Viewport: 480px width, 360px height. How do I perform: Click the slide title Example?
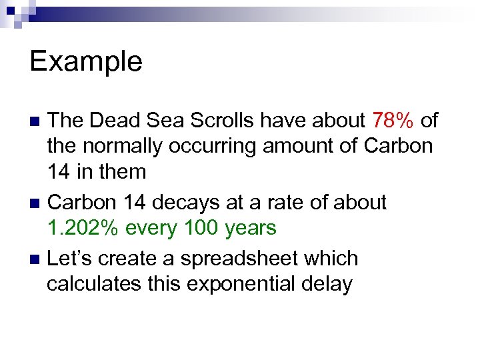pyautogui.click(x=86, y=61)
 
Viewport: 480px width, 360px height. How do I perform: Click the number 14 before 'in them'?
pyautogui.click(x=60, y=171)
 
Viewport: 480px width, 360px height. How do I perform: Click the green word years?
pyautogui.click(x=250, y=228)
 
